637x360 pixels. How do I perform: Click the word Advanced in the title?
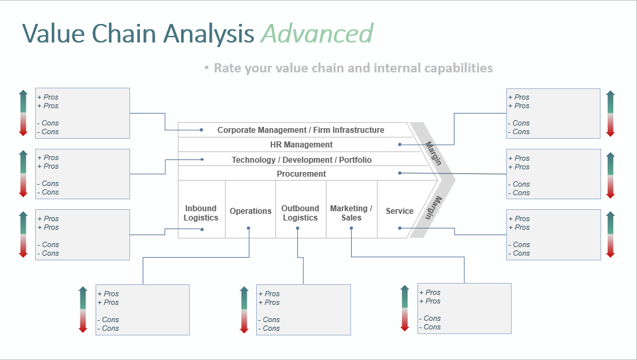click(317, 33)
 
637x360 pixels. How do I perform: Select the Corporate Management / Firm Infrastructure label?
click(301, 130)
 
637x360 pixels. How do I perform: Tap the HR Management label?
click(301, 145)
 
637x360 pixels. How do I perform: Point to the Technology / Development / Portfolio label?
click(301, 160)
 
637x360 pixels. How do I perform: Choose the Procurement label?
click(301, 174)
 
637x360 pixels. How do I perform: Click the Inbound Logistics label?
click(201, 213)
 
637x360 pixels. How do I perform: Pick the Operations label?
click(250, 211)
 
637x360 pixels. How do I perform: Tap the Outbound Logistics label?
click(300, 213)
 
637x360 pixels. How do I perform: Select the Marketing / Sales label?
click(351, 213)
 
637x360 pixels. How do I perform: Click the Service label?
click(399, 211)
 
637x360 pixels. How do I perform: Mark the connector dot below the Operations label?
click(248, 228)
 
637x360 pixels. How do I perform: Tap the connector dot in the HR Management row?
click(399, 144)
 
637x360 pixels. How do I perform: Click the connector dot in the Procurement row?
click(399, 173)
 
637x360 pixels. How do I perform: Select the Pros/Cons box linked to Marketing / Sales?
click(464, 308)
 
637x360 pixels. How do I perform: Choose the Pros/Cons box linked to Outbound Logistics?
click(303, 310)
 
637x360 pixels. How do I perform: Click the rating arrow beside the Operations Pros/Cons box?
click(83, 310)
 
